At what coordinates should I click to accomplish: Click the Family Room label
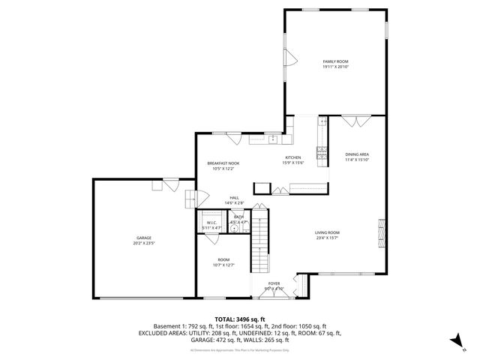coord(335,61)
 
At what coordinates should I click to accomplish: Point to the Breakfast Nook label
coord(223,163)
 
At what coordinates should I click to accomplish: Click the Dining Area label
coord(356,154)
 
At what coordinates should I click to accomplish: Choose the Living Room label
coord(327,232)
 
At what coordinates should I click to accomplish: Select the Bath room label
coord(238,217)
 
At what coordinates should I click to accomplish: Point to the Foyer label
coord(274,283)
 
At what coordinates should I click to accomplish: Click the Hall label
coord(234,197)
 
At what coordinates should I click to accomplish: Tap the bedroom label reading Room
coord(223,259)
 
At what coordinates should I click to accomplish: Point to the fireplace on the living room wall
coord(382,233)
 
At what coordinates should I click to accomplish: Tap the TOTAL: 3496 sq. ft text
coord(240,319)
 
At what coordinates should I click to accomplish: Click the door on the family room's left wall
coord(289,56)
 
